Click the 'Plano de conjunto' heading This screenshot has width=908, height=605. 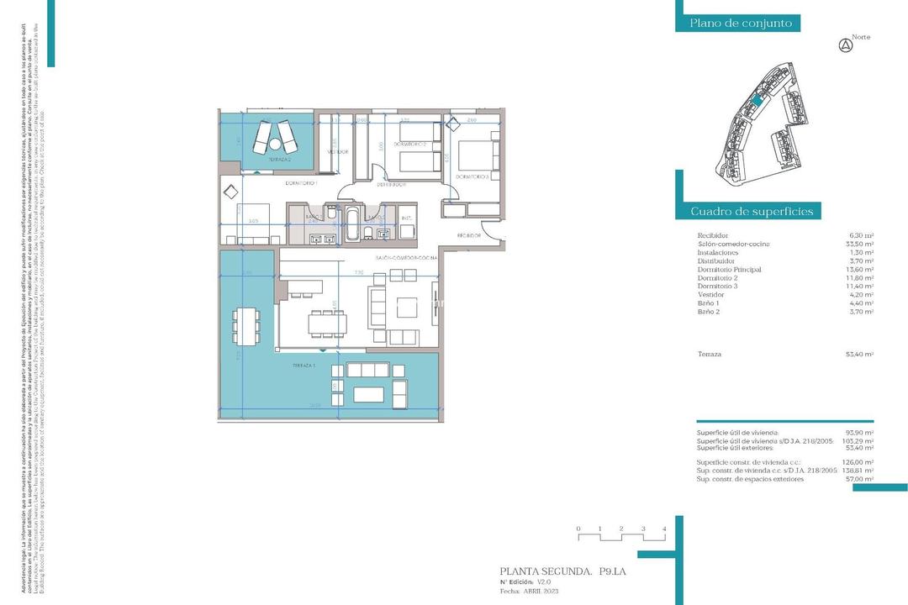coord(741,24)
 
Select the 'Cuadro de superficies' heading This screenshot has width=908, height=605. coord(751,211)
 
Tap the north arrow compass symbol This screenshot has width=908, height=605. coord(846,46)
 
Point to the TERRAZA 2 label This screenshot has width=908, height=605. coord(280,159)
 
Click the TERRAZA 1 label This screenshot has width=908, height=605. coord(304,366)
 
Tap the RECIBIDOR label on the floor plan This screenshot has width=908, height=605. coord(468,236)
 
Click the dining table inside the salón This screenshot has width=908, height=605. coord(327,322)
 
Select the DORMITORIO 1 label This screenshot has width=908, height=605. coord(300,182)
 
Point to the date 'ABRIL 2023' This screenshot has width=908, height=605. coord(544,591)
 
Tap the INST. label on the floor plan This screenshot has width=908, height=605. coord(406,218)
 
